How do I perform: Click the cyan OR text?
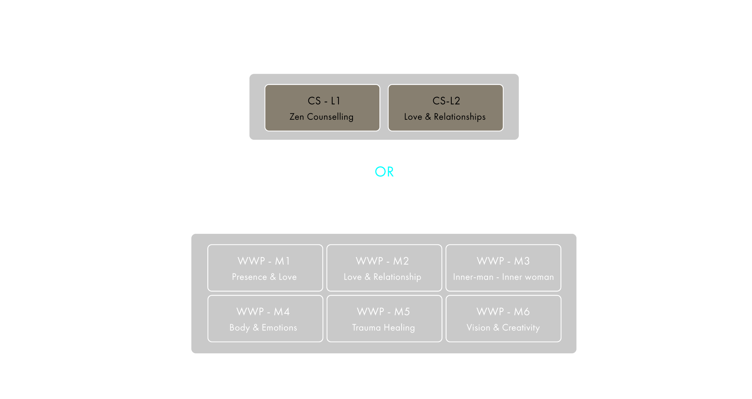pos(384,172)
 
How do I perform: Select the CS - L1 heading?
pos(324,101)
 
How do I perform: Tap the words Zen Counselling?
pos(321,117)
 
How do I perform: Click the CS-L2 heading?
pos(446,101)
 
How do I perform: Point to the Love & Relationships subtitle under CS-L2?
pos(445,117)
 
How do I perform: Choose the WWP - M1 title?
pos(264,261)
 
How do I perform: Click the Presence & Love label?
pos(264,277)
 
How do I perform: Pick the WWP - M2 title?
pos(382,261)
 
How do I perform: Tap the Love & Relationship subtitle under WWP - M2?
pos(382,277)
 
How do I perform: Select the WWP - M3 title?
pos(503,261)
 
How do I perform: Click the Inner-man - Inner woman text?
pos(503,277)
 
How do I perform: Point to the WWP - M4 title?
pos(263,312)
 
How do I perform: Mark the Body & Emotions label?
pos(263,328)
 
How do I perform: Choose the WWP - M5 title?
pos(383,312)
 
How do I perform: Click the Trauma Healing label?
pos(383,328)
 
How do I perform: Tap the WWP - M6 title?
pos(503,312)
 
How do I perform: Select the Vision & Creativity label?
pos(503,328)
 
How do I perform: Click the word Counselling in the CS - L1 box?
pos(330,117)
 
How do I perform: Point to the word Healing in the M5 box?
pos(399,328)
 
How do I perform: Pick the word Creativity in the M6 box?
pos(521,328)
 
